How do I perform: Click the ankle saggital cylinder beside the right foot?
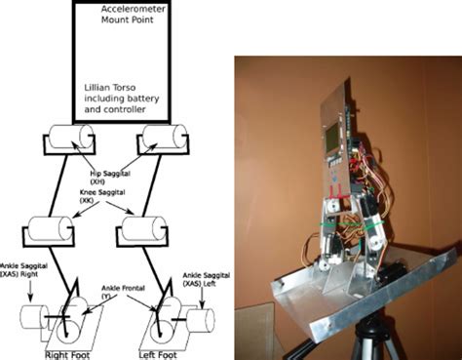(x=28, y=318)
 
